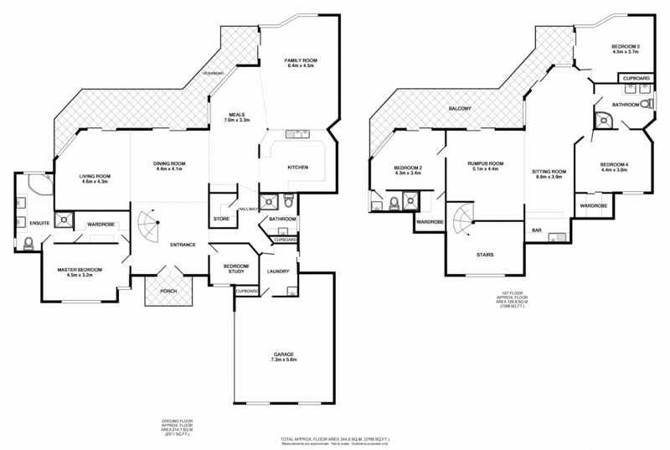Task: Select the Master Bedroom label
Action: (x=79, y=269)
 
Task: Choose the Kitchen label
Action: (x=298, y=168)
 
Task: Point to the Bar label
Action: (x=536, y=230)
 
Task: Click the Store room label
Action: (x=221, y=219)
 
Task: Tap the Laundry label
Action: (x=277, y=272)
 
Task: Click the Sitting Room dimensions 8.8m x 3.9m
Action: (x=549, y=178)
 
